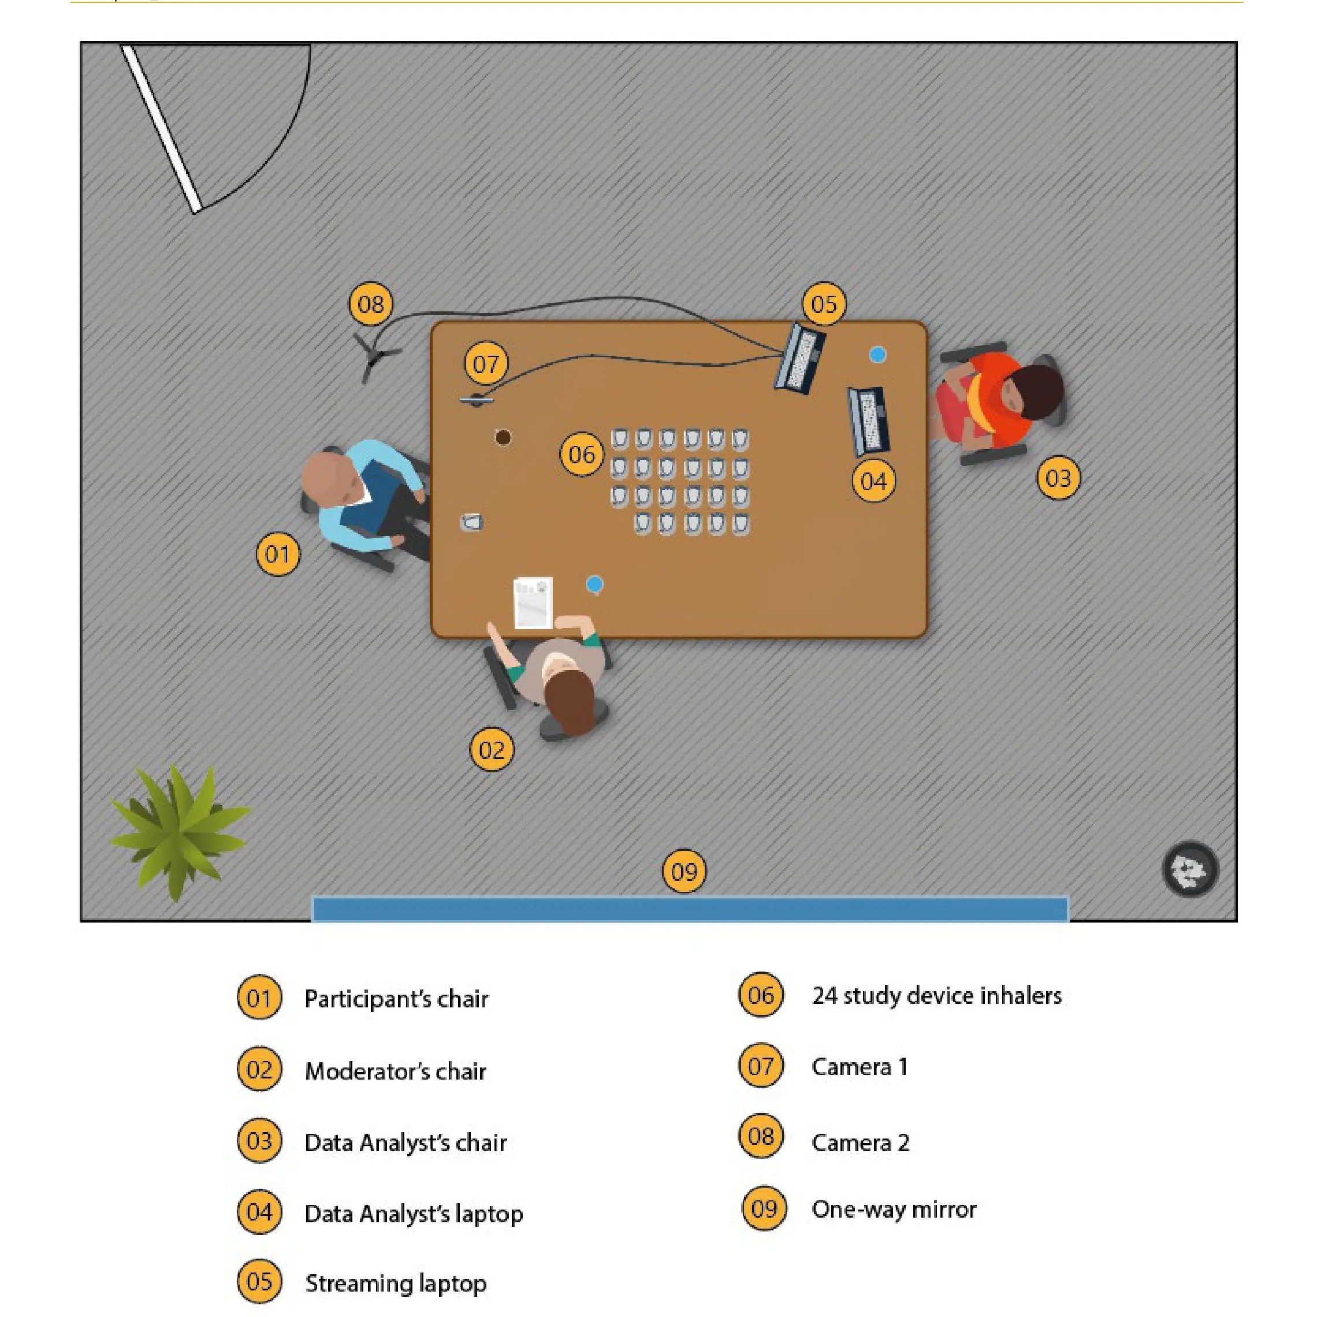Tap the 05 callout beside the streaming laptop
coord(824,304)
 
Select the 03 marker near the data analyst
coord(1058,478)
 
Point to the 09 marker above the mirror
coord(684,871)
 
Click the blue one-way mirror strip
coord(689,909)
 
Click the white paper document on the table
coord(533,602)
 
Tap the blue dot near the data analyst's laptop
coord(877,355)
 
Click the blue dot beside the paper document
coord(594,584)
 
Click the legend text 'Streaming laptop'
coord(395,1283)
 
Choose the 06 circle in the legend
coord(761,995)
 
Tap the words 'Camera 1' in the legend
coord(860,1067)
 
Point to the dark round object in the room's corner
coord(1189,869)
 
